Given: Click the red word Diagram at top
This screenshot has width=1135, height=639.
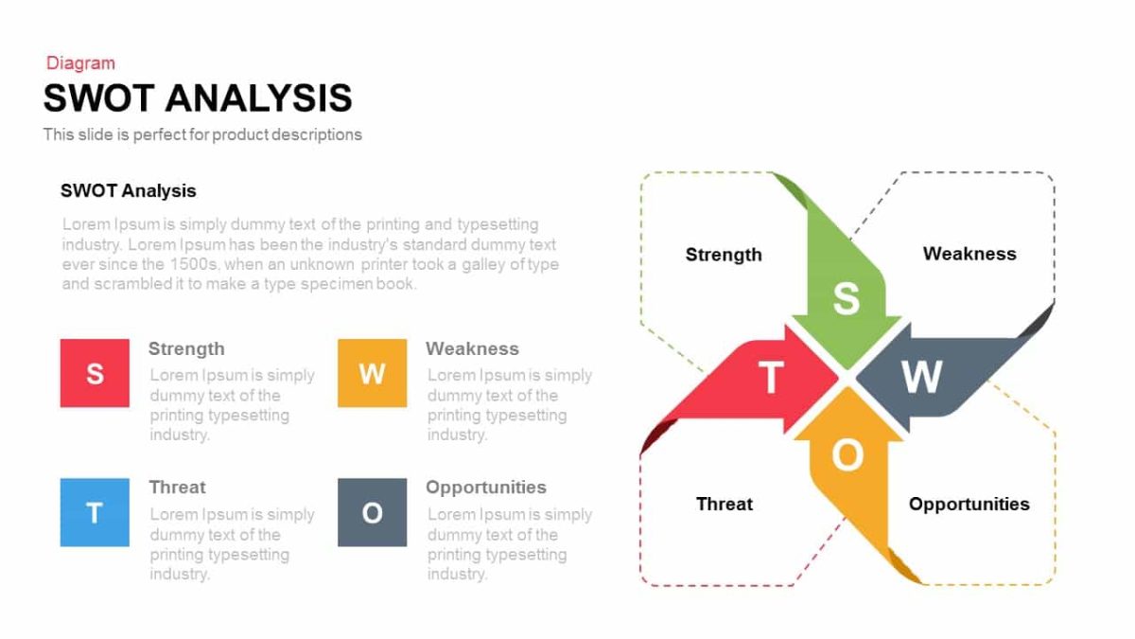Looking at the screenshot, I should click(80, 63).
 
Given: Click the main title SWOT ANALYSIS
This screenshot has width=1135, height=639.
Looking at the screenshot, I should click(198, 98).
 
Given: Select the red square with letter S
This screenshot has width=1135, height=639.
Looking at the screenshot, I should click(95, 373).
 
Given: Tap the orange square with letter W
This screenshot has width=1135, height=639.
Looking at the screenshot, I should click(372, 373).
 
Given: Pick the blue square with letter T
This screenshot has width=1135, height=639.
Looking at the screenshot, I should click(95, 512).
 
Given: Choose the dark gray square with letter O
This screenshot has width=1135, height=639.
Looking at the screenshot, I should click(372, 512).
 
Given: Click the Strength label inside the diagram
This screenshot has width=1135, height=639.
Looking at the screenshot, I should click(724, 255).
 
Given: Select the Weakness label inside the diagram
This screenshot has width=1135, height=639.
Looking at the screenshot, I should click(969, 254).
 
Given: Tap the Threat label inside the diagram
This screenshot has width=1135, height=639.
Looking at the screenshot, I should click(725, 504).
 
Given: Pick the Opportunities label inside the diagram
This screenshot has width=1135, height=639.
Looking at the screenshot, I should click(969, 504).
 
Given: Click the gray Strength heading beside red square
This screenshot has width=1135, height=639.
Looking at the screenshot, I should click(186, 348).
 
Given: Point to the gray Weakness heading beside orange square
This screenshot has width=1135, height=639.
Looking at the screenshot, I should click(472, 348).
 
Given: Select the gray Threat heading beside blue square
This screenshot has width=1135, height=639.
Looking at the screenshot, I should click(177, 488).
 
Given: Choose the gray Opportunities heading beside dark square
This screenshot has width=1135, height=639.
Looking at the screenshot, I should click(486, 488).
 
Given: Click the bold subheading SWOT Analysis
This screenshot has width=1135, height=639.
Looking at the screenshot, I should click(129, 190).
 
